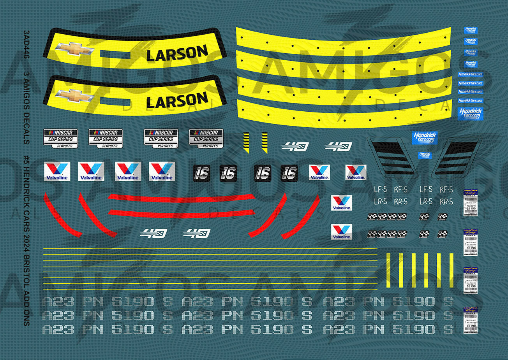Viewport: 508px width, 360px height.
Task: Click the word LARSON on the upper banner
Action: (177, 54)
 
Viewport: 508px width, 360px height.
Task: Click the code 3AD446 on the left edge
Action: (26, 44)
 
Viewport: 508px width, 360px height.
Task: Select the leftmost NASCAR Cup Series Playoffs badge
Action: (60, 138)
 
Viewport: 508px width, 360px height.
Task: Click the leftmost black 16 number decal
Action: (201, 173)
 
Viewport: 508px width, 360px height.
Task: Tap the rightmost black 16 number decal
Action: (289, 173)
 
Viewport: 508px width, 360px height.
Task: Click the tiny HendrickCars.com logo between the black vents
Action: (425, 155)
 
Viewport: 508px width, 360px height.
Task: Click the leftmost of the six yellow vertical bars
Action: (389, 270)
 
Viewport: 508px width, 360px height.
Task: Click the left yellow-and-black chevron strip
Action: (246, 142)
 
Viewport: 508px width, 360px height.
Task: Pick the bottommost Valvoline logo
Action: (341, 232)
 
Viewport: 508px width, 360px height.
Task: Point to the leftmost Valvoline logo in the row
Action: (57, 171)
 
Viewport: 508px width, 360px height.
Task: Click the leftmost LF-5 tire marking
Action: (380, 190)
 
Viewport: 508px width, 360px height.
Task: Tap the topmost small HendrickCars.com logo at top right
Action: (471, 30)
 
